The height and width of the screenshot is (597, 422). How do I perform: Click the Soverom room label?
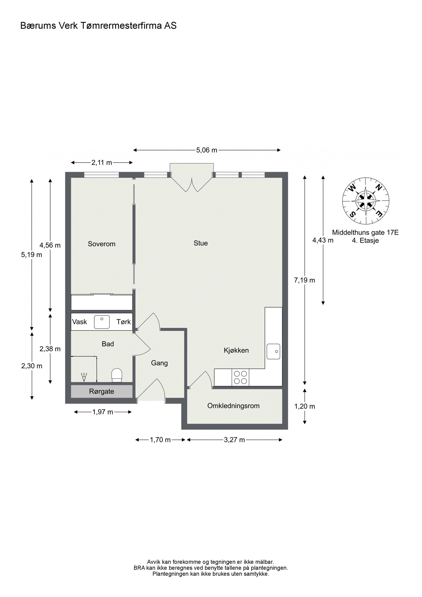(x=102, y=244)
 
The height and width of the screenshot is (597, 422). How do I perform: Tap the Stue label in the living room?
(x=201, y=243)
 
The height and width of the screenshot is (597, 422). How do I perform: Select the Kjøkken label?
(x=236, y=350)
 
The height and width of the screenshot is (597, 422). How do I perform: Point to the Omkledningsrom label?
(x=233, y=406)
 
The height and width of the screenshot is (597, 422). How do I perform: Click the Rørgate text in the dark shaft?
(x=102, y=391)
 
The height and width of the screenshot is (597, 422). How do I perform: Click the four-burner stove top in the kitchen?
(x=240, y=377)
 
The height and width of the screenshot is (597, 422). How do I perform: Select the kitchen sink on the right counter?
(x=273, y=351)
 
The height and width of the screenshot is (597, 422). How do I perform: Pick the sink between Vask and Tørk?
(x=102, y=322)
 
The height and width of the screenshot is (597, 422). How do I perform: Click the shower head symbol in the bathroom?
(x=84, y=377)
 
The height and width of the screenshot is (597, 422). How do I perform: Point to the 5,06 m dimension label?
(x=207, y=150)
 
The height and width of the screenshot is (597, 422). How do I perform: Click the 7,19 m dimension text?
(x=305, y=280)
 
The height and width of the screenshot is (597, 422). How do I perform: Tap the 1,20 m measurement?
(x=305, y=406)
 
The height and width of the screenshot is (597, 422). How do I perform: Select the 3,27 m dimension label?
(x=234, y=440)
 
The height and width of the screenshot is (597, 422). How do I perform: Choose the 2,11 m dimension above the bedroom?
(x=102, y=163)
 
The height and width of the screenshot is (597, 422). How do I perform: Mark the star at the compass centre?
(x=366, y=201)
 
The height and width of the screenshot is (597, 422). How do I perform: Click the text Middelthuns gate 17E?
(x=365, y=232)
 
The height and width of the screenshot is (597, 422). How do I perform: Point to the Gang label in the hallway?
(x=159, y=363)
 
